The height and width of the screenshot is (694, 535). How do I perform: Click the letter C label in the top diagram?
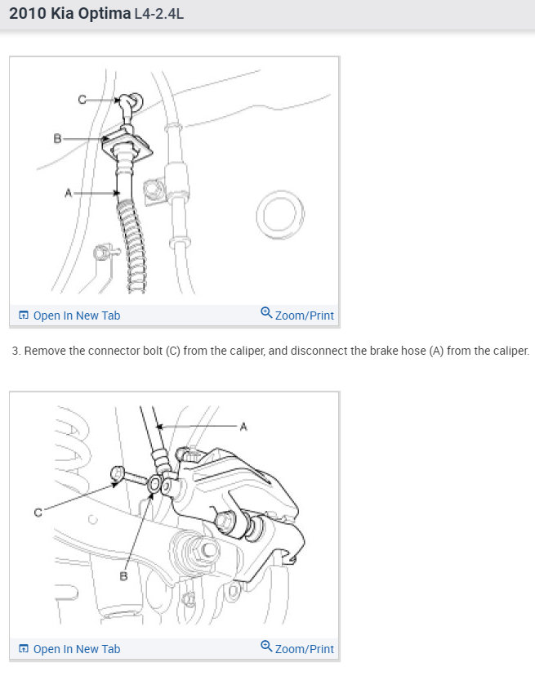coord(82,100)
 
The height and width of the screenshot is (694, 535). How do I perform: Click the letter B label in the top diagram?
coord(58,139)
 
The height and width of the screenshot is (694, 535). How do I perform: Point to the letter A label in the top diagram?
coord(69,193)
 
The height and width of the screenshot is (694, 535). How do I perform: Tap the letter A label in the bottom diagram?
coord(243,426)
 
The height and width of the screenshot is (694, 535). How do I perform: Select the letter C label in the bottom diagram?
coord(38,513)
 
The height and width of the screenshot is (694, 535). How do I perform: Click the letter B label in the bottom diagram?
coord(124,576)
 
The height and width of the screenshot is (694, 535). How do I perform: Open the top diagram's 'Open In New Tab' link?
coord(76,316)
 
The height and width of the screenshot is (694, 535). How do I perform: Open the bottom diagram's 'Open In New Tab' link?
coord(76,649)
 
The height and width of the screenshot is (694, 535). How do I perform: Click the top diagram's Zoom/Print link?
coord(304,316)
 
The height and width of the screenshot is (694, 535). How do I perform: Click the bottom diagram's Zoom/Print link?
coord(304,649)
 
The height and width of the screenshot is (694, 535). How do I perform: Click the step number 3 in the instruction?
coord(16,351)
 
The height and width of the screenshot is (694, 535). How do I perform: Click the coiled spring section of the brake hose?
coord(134,245)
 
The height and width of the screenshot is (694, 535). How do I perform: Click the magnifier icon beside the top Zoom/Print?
coord(266,313)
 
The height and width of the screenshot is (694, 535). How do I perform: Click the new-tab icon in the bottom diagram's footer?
coord(24,649)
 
